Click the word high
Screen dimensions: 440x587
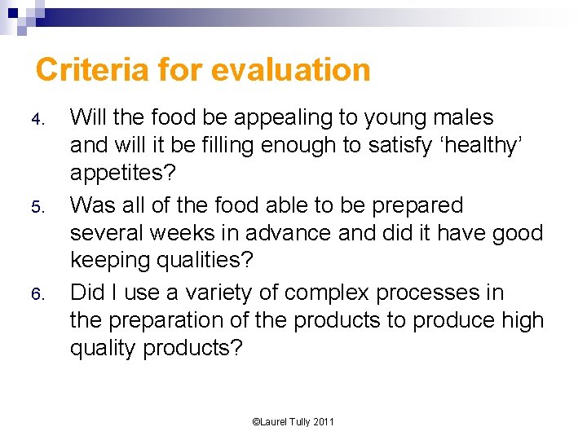click(519, 320)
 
